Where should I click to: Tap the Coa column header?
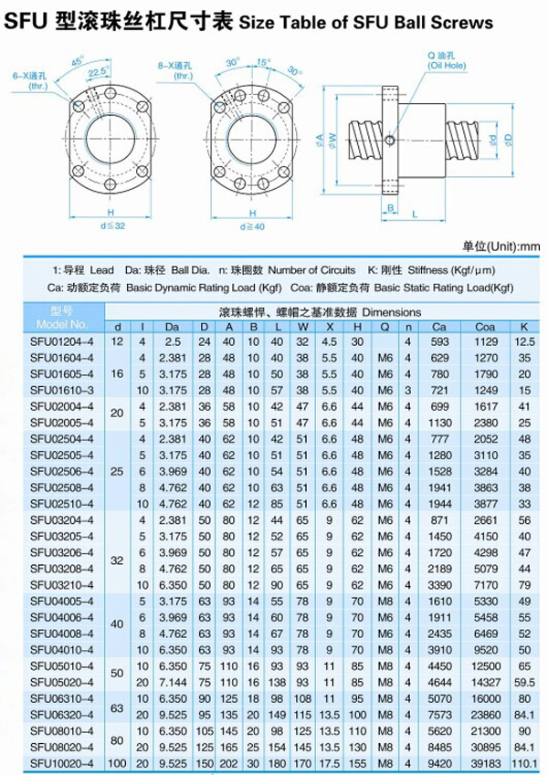(485, 327)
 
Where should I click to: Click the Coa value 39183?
(485, 762)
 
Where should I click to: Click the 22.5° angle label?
(98, 69)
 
